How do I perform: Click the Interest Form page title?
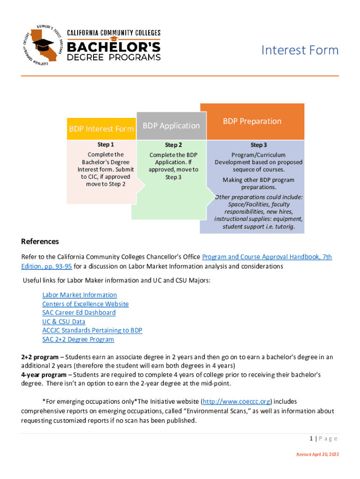tap(299, 50)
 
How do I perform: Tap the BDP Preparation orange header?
tap(252, 121)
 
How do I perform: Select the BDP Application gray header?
tap(171, 125)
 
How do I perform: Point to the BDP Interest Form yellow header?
tap(101, 129)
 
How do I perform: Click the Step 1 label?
tap(106, 145)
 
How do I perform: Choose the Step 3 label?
tap(259, 145)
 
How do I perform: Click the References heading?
tap(40, 241)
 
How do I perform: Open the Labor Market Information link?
tap(79, 295)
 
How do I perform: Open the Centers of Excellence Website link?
tap(85, 304)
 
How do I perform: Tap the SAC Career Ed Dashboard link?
tap(79, 312)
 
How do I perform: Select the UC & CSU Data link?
tap(64, 321)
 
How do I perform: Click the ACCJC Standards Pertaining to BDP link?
tap(92, 330)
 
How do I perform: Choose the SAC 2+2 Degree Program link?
tap(78, 339)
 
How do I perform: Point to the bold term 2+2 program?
tap(40, 357)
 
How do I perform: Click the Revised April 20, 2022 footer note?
tap(317, 455)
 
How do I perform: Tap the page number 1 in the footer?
tap(310, 438)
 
